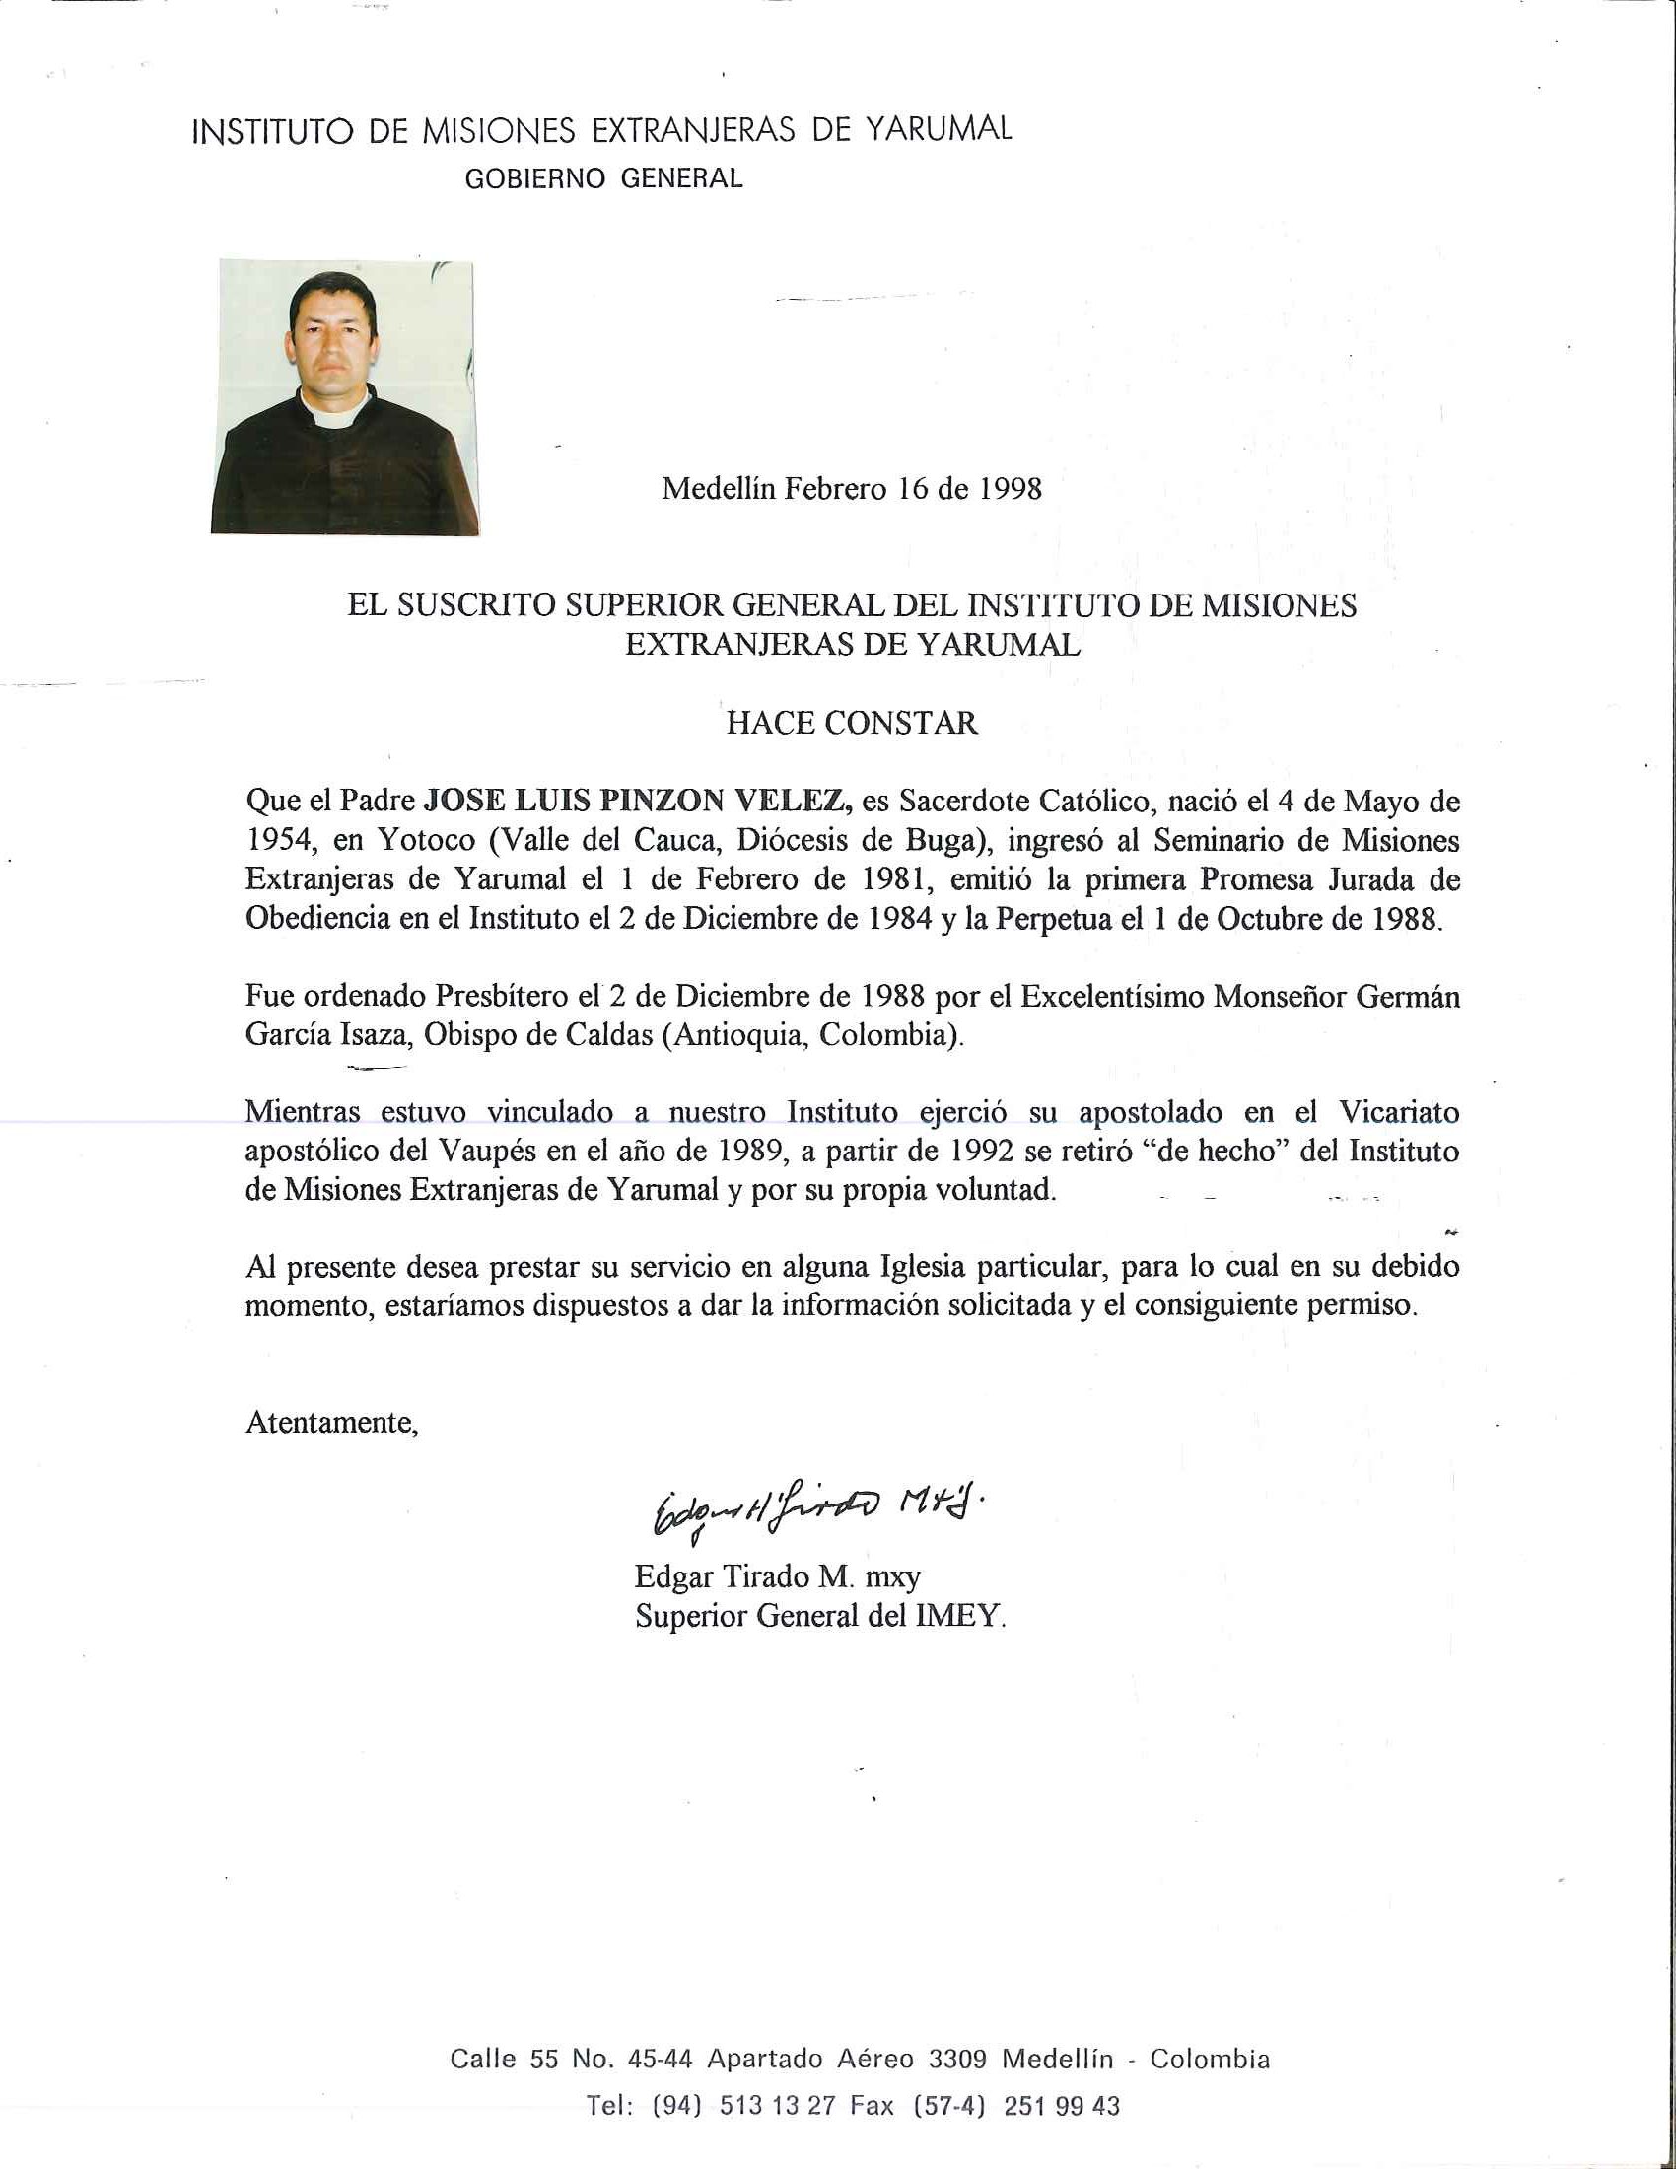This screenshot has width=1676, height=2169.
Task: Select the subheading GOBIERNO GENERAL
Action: click(603, 178)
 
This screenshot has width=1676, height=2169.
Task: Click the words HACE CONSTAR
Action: click(852, 722)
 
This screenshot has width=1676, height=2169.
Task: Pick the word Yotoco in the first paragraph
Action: click(426, 840)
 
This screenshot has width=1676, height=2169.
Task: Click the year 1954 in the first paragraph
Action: click(280, 840)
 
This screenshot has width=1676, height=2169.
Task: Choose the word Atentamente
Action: click(331, 1422)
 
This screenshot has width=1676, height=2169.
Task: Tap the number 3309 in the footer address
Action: click(957, 2059)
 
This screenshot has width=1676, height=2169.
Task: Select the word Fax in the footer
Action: click(871, 2106)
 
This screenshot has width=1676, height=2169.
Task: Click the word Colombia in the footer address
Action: click(1210, 2059)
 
